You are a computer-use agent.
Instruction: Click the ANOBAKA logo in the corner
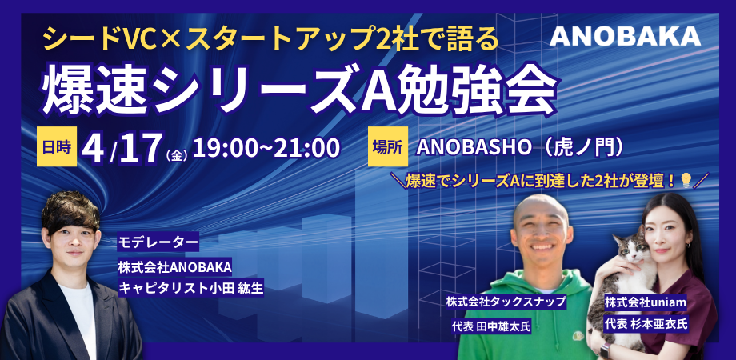[x=625, y=36]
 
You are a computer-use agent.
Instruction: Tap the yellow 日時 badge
[x=57, y=146]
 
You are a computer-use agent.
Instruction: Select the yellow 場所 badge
[x=388, y=146]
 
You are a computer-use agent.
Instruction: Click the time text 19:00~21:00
[x=266, y=148]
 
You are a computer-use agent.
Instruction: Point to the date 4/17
[x=121, y=148]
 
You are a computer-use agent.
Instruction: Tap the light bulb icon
[x=686, y=180]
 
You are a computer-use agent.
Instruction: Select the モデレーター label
[x=158, y=244]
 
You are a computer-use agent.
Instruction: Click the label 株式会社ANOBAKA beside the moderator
[x=175, y=267]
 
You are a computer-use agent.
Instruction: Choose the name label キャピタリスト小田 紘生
[x=190, y=288]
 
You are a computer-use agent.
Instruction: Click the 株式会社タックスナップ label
[x=506, y=302]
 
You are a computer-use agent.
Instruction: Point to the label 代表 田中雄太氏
[x=490, y=326]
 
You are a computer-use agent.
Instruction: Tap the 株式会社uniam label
[x=646, y=302]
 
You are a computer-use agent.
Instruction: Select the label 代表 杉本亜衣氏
[x=646, y=324]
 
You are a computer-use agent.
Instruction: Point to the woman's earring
[x=688, y=245]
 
